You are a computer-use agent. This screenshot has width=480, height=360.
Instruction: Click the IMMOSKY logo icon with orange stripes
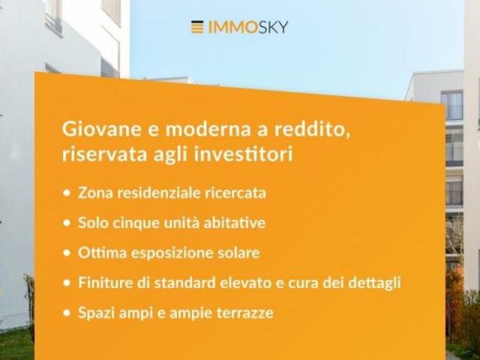coord(197,27)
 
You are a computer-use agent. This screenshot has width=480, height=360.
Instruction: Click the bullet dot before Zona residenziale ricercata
coord(67,193)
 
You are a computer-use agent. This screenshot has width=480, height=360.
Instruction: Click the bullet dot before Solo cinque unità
coord(67,223)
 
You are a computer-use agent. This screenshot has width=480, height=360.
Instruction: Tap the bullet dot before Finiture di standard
coord(67,283)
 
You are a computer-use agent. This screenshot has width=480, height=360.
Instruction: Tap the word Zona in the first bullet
coord(94,193)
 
